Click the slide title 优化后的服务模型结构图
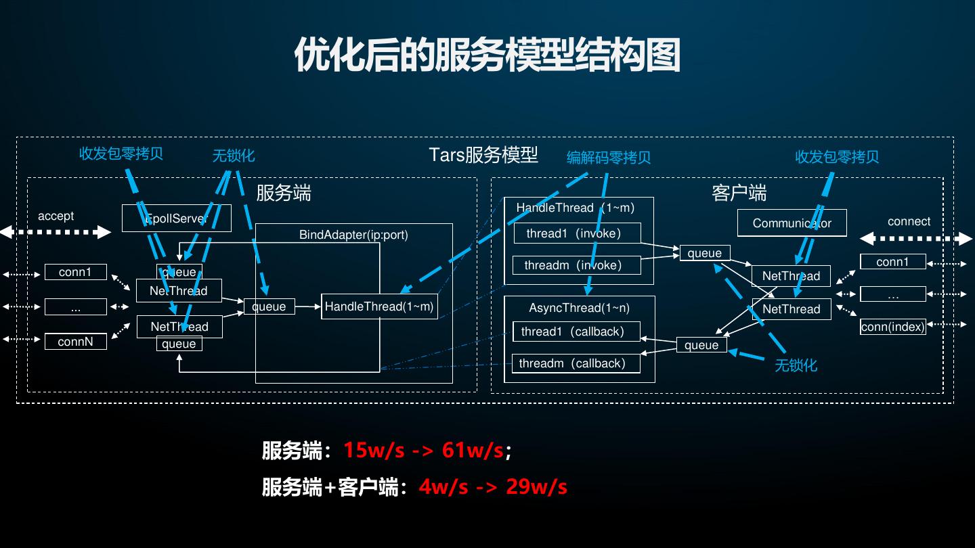487,55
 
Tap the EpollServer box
176,219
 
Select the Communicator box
792,223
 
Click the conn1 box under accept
75,272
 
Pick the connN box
75,342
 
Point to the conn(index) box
892,327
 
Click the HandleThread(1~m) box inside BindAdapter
379,306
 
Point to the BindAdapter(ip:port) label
353,235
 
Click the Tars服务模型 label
483,155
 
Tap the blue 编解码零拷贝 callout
608,158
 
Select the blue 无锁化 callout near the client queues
796,365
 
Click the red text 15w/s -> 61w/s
423,450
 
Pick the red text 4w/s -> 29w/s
493,486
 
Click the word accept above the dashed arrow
56,216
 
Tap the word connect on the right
909,221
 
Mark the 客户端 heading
739,193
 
